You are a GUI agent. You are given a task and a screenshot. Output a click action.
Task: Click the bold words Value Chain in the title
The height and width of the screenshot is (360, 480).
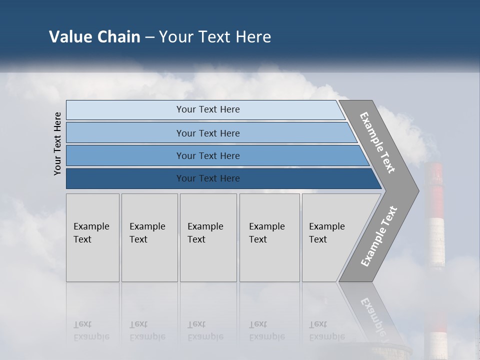pos(94,37)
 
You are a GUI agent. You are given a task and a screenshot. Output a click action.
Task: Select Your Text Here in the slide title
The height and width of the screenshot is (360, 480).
pos(215,37)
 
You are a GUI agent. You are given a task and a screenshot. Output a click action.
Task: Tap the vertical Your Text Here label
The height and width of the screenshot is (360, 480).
pos(57,144)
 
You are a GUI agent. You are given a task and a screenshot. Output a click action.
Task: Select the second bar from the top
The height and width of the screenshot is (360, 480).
pos(207,133)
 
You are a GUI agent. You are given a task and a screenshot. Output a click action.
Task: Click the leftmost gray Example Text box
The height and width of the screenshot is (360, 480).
pos(92,237)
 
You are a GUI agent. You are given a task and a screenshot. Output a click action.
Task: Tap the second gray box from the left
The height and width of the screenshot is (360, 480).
pos(149,237)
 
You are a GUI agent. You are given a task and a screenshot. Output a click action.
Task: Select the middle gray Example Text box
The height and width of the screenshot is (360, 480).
pos(207,237)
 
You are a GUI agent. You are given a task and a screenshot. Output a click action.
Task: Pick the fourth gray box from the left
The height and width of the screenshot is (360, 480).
pos(269,237)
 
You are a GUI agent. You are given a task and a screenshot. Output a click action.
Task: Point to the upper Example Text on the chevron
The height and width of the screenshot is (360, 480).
pos(377,142)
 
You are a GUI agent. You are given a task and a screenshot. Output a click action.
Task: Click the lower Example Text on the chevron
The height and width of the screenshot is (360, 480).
pos(378,236)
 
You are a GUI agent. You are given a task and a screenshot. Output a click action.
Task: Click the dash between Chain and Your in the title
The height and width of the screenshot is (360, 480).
pos(149,37)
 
